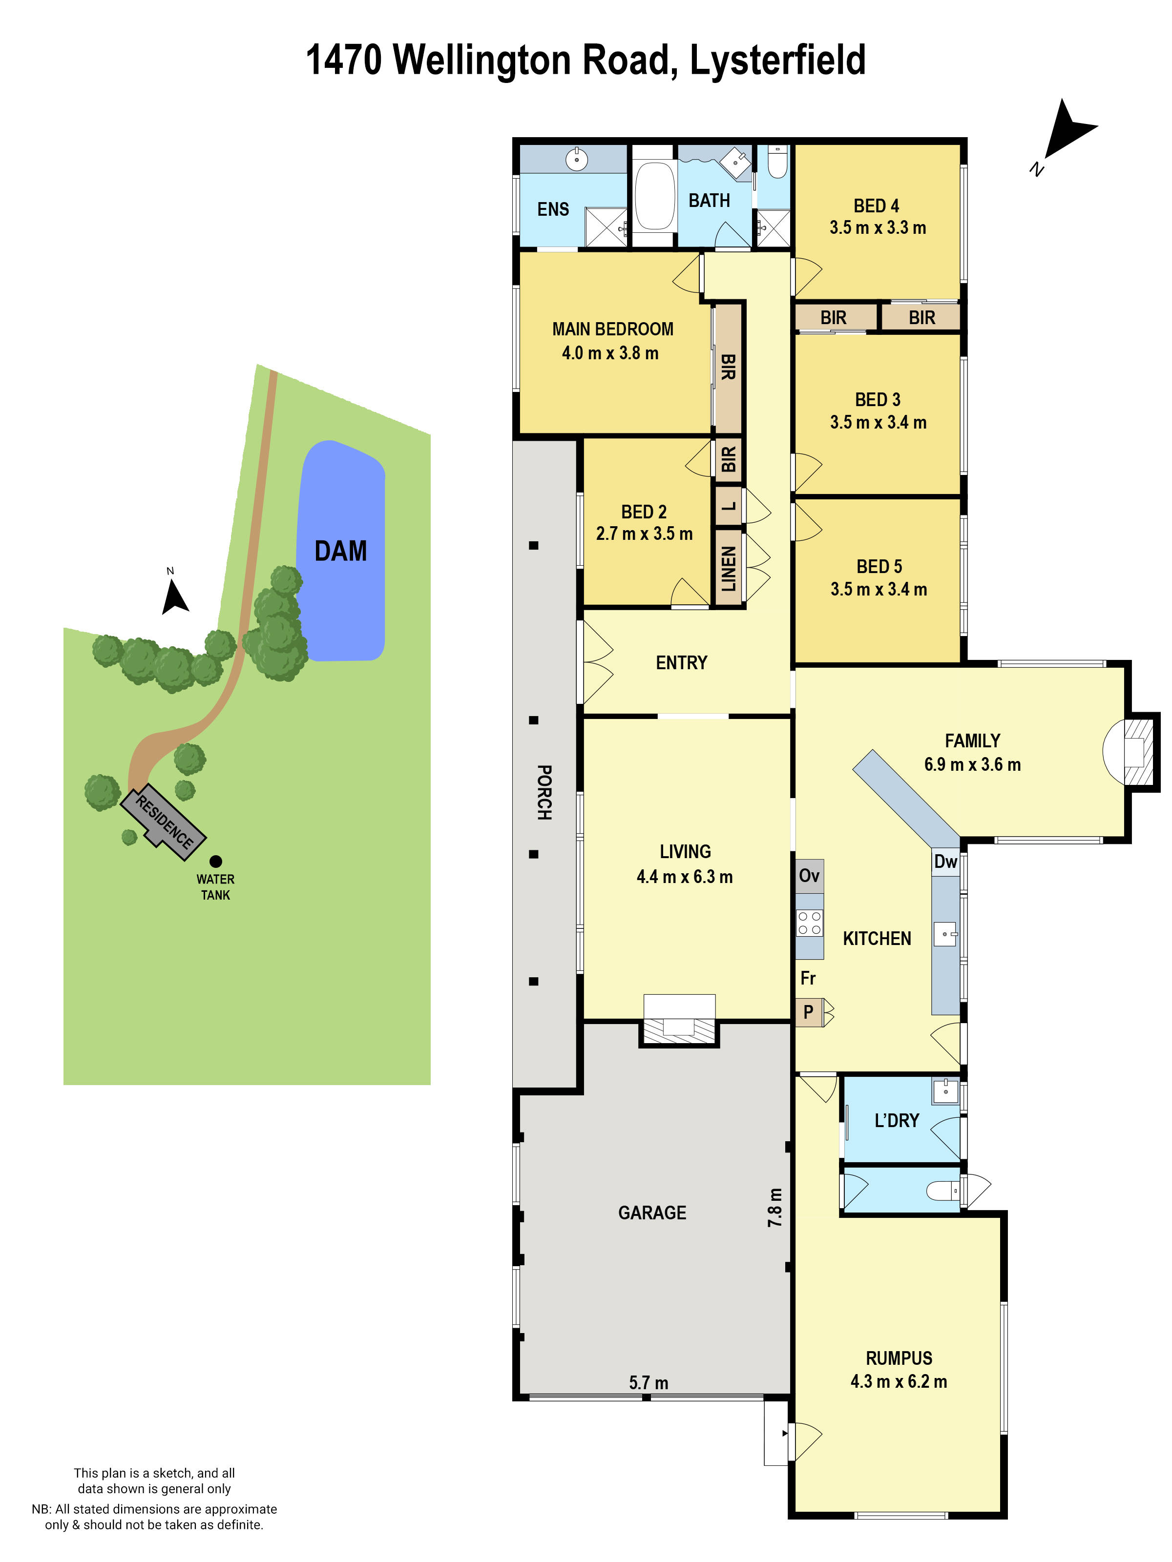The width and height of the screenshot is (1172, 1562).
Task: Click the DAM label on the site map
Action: (340, 551)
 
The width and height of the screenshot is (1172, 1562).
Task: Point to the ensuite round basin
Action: (576, 160)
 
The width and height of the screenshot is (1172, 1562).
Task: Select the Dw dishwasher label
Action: (945, 862)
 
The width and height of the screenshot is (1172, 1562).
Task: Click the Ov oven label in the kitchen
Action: (809, 876)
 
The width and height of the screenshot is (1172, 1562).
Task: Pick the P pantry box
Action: (808, 1012)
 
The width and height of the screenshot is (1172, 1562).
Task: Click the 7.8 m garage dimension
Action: (775, 1207)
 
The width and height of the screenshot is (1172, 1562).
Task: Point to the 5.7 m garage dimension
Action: (648, 1382)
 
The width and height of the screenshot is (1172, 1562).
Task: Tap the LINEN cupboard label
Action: (729, 569)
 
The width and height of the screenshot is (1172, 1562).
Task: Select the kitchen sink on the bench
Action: (945, 934)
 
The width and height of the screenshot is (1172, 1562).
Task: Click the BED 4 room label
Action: (876, 206)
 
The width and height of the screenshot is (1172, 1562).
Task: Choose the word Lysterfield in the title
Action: (777, 60)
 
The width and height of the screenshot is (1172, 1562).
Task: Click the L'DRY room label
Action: (897, 1121)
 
